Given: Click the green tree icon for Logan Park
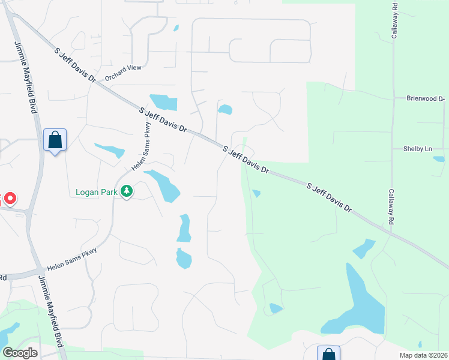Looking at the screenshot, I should point(126,191).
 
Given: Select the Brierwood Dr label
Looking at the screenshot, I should point(424,98).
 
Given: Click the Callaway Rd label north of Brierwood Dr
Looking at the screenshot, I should point(394,23).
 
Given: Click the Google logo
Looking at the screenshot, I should point(20,353).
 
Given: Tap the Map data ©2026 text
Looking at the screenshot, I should point(424,355).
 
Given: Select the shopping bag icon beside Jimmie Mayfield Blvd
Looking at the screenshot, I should point(55,140).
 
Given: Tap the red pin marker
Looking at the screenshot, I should point(10,198).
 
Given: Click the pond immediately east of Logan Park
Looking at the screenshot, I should point(164,186).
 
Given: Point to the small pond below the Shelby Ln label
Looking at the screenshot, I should point(439,159).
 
